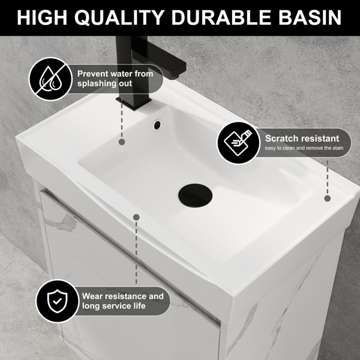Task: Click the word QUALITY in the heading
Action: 119,17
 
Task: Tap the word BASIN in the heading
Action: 310,17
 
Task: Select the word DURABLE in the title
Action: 221,17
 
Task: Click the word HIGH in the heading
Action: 42,17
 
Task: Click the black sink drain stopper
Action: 195,196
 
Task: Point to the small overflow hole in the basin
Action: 157,124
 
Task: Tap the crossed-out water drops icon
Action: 50,79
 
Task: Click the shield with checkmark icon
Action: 58,301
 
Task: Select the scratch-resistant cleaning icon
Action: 238,143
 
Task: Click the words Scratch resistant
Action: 302,139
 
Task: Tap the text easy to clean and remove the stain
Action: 304,148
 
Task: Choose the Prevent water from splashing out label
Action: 115,79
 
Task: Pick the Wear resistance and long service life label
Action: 122,301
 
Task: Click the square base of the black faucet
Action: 134,104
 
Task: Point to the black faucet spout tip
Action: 176,77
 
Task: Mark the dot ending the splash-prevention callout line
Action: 122,142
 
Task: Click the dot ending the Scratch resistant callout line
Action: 328,199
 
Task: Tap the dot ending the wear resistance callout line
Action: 136,217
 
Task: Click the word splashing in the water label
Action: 96,84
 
